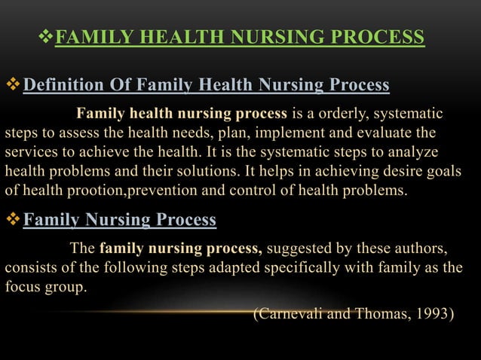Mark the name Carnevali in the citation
(290, 313)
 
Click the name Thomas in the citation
(375, 313)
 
